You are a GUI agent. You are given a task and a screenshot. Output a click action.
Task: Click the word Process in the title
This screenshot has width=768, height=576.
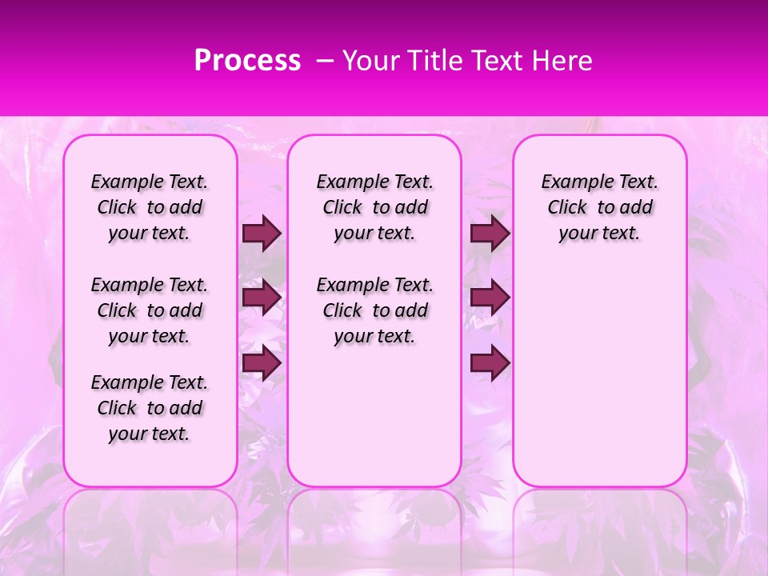tap(247, 61)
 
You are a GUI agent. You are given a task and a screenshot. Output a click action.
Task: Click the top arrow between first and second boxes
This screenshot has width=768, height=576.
tap(262, 234)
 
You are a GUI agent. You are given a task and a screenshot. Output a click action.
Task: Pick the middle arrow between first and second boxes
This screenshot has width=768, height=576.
tap(262, 298)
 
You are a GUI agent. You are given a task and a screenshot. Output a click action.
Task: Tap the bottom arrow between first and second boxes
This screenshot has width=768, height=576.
tap(262, 363)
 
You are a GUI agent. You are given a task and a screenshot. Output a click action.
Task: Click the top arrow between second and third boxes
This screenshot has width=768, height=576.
tap(490, 234)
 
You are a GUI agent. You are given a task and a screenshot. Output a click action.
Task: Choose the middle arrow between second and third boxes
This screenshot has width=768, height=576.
tap(490, 298)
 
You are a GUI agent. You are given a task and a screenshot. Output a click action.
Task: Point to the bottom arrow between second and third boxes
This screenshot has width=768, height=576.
tap(490, 363)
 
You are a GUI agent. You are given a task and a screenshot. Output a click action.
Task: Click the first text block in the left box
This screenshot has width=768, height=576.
tap(150, 207)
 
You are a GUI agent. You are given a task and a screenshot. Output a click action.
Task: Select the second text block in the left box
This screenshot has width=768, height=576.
tap(150, 310)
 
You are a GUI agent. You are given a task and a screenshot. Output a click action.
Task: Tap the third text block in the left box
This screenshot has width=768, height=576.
tap(150, 408)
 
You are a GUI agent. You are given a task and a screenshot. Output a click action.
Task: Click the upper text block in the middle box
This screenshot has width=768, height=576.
tap(374, 207)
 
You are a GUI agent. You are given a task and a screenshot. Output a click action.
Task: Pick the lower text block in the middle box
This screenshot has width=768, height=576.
tap(374, 310)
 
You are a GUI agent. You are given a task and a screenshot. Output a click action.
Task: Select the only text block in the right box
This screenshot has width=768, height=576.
tap(599, 207)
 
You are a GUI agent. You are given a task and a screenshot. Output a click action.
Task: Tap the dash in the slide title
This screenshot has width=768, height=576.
tap(325, 61)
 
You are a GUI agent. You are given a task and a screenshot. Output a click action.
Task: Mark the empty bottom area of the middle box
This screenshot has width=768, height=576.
tap(374, 424)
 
